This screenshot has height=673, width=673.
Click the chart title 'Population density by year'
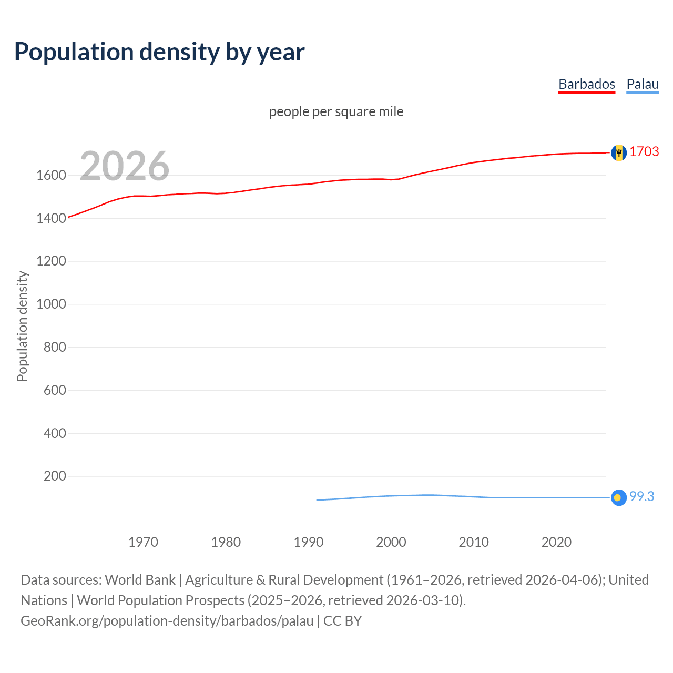point(159,52)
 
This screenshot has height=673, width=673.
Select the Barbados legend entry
point(586,84)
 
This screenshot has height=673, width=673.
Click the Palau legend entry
point(643,84)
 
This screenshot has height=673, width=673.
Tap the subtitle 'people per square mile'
point(336,111)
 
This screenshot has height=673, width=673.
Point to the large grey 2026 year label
point(125,166)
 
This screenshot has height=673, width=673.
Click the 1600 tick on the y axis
point(51,175)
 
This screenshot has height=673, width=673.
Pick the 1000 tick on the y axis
point(51,304)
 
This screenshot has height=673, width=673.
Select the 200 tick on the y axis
point(55,476)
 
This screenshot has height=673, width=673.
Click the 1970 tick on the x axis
point(143,542)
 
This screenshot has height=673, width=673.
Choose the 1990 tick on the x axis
point(309,542)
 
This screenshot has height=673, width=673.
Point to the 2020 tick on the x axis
point(556,542)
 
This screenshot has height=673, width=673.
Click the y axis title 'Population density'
point(22,326)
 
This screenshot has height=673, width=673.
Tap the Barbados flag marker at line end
point(619,152)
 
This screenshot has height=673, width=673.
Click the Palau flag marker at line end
point(619,497)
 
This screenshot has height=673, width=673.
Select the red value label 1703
point(644,151)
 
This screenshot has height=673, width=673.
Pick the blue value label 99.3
point(641,496)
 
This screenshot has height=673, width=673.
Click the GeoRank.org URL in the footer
point(167,620)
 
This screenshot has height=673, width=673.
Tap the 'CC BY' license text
point(342,620)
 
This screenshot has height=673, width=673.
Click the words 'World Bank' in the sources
point(140,579)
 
